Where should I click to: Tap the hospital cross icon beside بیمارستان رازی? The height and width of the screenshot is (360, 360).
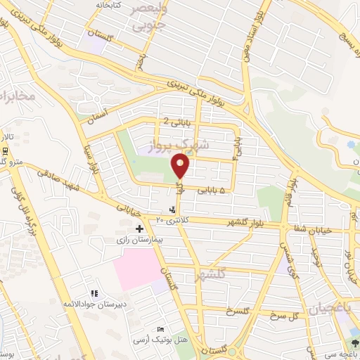(x=139, y=229)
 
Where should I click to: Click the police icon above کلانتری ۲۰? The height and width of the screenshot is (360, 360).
(x=172, y=210)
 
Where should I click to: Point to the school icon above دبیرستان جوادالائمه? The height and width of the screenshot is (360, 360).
(x=93, y=293)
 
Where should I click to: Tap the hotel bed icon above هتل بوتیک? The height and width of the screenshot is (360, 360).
(x=161, y=330)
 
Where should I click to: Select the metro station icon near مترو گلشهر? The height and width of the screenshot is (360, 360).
(x=5, y=150)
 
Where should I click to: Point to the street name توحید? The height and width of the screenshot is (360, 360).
(x=316, y=264)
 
